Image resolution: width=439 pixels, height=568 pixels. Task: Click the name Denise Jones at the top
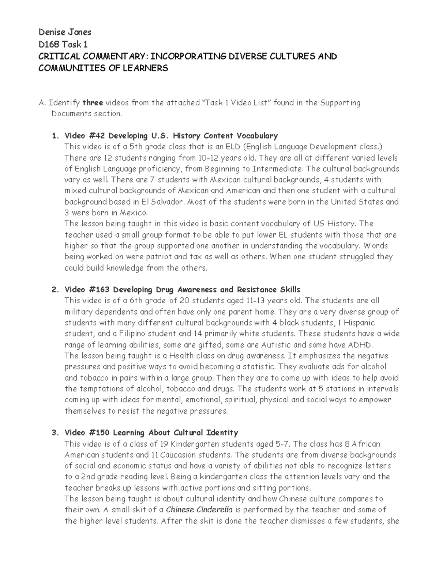pos(65,32)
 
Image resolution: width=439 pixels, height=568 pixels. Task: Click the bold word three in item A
pos(93,103)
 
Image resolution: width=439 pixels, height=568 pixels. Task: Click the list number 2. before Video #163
pos(55,290)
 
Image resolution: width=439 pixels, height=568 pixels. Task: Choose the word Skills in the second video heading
pos(289,290)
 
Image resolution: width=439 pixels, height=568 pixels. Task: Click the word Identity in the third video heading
pos(222,433)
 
